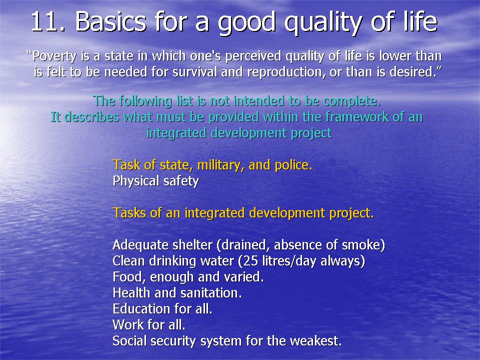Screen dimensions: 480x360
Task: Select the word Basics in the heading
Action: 110,21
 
